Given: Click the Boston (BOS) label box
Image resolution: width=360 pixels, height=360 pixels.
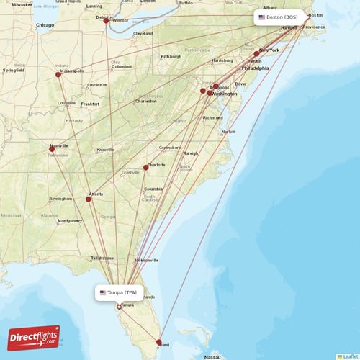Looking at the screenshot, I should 278,17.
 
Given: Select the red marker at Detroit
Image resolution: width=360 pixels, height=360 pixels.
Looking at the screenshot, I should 107,20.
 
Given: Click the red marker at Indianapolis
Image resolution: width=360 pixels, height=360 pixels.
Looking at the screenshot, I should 58,74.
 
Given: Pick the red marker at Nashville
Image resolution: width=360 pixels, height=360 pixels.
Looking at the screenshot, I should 52,149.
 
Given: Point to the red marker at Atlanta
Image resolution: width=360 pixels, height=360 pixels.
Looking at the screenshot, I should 89,199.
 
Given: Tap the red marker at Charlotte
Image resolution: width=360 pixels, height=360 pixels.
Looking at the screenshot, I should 146,167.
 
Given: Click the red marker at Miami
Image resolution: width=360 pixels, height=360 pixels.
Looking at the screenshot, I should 159,343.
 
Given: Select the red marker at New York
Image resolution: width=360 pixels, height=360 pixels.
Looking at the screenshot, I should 257,53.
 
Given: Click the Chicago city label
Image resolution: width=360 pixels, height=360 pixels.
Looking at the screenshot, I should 45,25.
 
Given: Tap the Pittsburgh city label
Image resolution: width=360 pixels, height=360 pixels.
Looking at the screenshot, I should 171,56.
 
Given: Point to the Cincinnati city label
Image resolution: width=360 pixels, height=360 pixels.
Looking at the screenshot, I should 97,85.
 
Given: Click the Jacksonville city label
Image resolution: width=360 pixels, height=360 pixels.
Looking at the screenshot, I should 146,260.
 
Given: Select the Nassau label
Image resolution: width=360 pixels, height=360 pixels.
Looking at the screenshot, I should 212,357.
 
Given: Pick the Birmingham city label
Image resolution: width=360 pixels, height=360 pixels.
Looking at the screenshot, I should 60,199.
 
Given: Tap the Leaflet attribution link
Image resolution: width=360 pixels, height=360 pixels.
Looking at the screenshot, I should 350,356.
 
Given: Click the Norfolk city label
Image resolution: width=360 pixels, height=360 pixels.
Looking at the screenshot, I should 228,132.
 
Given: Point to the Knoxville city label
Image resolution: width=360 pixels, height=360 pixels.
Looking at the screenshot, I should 106,150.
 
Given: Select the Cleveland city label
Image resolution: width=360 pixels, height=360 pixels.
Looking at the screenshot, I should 143,33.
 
